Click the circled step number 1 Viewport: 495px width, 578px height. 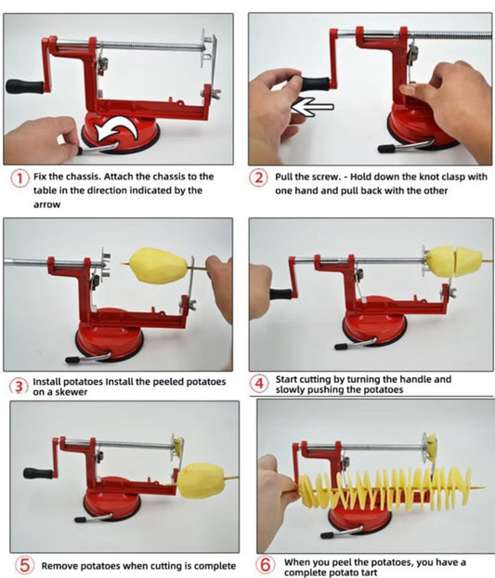pos(20,178)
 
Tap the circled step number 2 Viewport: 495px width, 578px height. pos(259,178)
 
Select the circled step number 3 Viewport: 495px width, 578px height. pos(19,387)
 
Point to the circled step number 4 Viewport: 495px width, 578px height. pos(259,384)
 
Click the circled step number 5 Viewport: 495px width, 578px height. pos(24,565)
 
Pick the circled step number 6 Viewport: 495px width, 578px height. pos(266,565)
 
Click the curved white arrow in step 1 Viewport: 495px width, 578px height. pos(115,130)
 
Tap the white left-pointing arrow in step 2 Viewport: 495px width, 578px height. pos(312,107)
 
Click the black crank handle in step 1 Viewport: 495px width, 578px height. pos(25,86)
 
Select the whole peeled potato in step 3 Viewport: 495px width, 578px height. pos(159,266)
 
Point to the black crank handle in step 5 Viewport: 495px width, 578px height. pos(38,473)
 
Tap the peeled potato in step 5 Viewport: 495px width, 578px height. pos(201,481)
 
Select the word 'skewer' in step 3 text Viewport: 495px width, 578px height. pos(71,392)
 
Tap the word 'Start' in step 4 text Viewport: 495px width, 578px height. pos(286,379)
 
